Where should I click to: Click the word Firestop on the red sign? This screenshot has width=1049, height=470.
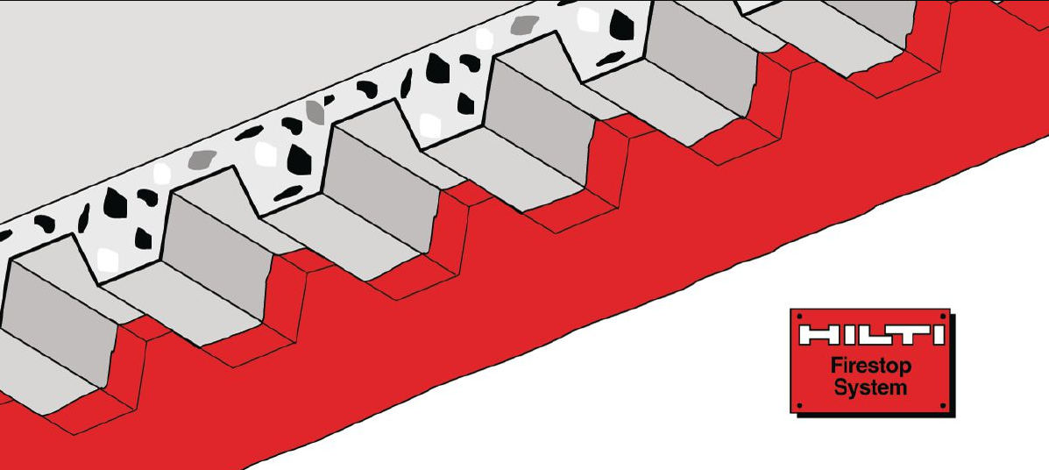[870, 367]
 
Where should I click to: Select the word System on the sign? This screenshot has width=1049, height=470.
[870, 388]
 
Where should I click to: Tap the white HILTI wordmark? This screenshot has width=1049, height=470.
[870, 335]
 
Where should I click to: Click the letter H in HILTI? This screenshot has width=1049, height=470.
[817, 335]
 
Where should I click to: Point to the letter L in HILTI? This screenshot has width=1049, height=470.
[872, 335]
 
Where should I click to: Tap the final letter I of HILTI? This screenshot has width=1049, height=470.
[938, 335]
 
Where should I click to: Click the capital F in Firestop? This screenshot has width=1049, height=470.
[836, 366]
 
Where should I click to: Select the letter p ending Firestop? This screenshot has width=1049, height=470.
[906, 369]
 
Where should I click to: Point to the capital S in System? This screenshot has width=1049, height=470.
[841, 387]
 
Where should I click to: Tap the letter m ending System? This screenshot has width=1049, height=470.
[897, 389]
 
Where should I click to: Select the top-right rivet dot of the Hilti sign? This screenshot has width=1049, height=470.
[943, 316]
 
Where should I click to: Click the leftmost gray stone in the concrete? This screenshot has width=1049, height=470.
[202, 160]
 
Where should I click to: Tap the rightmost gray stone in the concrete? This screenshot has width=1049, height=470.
[525, 25]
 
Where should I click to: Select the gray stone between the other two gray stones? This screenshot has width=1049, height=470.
[315, 112]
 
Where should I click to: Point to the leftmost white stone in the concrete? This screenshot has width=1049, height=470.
[108, 260]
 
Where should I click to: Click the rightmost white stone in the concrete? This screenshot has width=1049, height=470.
[588, 19]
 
